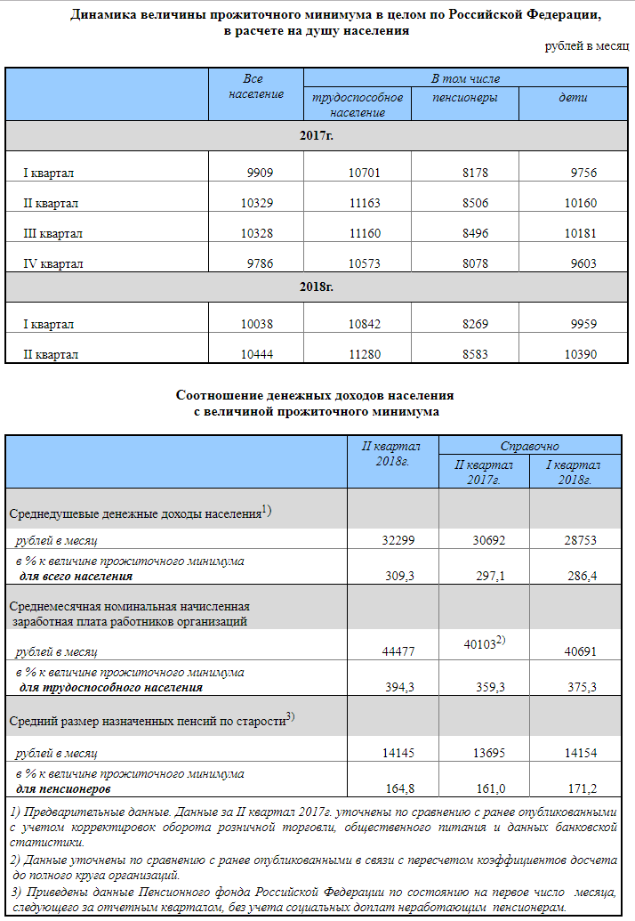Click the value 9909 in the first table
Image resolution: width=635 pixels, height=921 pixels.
[261, 174]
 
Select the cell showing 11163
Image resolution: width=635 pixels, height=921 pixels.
[365, 204]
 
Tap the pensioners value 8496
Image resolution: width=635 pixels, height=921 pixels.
[475, 234]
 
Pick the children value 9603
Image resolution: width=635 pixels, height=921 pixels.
[583, 264]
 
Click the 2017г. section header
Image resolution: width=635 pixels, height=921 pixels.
[317, 136]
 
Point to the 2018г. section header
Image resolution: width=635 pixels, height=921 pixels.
[317, 287]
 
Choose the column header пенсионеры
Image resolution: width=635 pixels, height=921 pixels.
[464, 98]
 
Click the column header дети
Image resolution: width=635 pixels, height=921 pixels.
[573, 98]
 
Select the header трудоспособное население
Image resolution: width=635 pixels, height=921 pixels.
[358, 105]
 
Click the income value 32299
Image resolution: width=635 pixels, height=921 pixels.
[397, 540]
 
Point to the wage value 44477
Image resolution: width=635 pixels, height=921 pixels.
[397, 652]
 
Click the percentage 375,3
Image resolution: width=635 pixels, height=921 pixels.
[582, 687]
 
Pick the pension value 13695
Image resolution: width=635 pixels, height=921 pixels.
[489, 754]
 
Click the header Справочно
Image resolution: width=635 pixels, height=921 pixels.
[529, 446]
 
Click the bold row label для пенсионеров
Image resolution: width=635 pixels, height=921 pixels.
[64, 788]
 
